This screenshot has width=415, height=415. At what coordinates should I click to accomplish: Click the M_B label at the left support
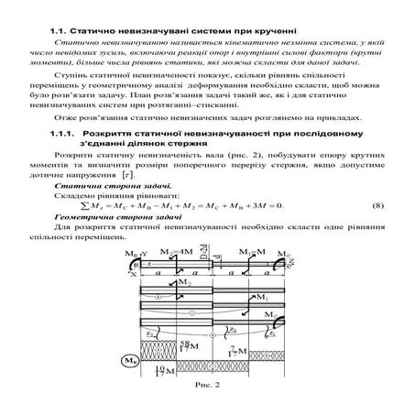tap(130, 252)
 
